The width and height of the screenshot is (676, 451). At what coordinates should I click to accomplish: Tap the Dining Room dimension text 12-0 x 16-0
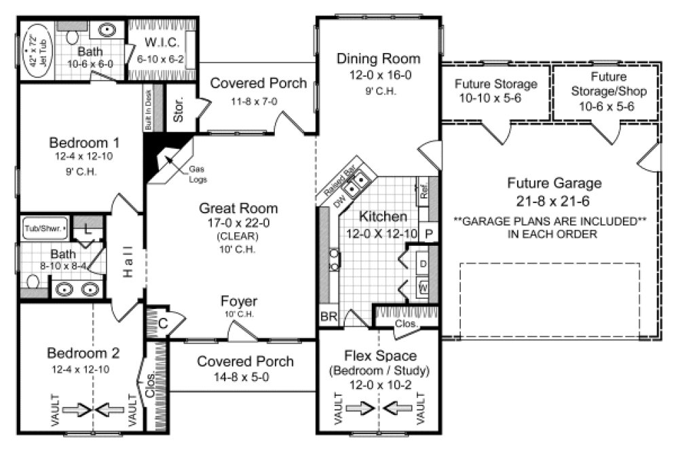click(x=378, y=75)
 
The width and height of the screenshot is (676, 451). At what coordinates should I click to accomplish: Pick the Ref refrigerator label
click(x=424, y=191)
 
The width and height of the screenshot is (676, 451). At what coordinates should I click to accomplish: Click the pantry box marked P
click(x=429, y=232)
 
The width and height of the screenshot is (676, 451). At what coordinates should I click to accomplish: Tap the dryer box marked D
click(x=424, y=262)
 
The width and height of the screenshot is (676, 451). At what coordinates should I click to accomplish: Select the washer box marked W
click(x=424, y=288)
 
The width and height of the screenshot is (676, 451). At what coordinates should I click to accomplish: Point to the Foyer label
click(x=238, y=302)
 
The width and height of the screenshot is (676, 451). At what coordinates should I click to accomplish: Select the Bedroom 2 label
click(x=83, y=353)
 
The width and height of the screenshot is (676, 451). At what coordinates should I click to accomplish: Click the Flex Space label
click(x=381, y=356)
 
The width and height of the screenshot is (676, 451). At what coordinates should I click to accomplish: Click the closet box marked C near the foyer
click(x=163, y=323)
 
